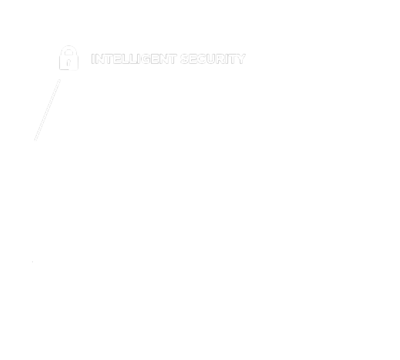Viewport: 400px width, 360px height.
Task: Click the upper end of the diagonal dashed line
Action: [60, 80]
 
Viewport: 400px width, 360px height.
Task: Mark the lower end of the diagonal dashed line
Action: [35, 140]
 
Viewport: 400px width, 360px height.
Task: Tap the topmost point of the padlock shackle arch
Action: [69, 46]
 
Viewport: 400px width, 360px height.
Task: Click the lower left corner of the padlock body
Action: [59, 70]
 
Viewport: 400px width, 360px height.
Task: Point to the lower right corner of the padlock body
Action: [78, 70]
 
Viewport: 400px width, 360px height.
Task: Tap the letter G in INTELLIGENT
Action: [146, 59]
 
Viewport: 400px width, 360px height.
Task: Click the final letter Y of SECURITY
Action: [240, 59]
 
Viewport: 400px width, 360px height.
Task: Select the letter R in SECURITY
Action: [222, 59]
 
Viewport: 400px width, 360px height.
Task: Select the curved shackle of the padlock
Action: [69, 50]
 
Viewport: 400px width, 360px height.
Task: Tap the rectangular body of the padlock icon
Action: [69, 63]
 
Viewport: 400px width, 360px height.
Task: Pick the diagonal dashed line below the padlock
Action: [47, 110]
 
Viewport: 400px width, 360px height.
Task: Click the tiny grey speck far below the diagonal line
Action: [32, 261]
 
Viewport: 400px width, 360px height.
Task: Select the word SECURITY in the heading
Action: [213, 59]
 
